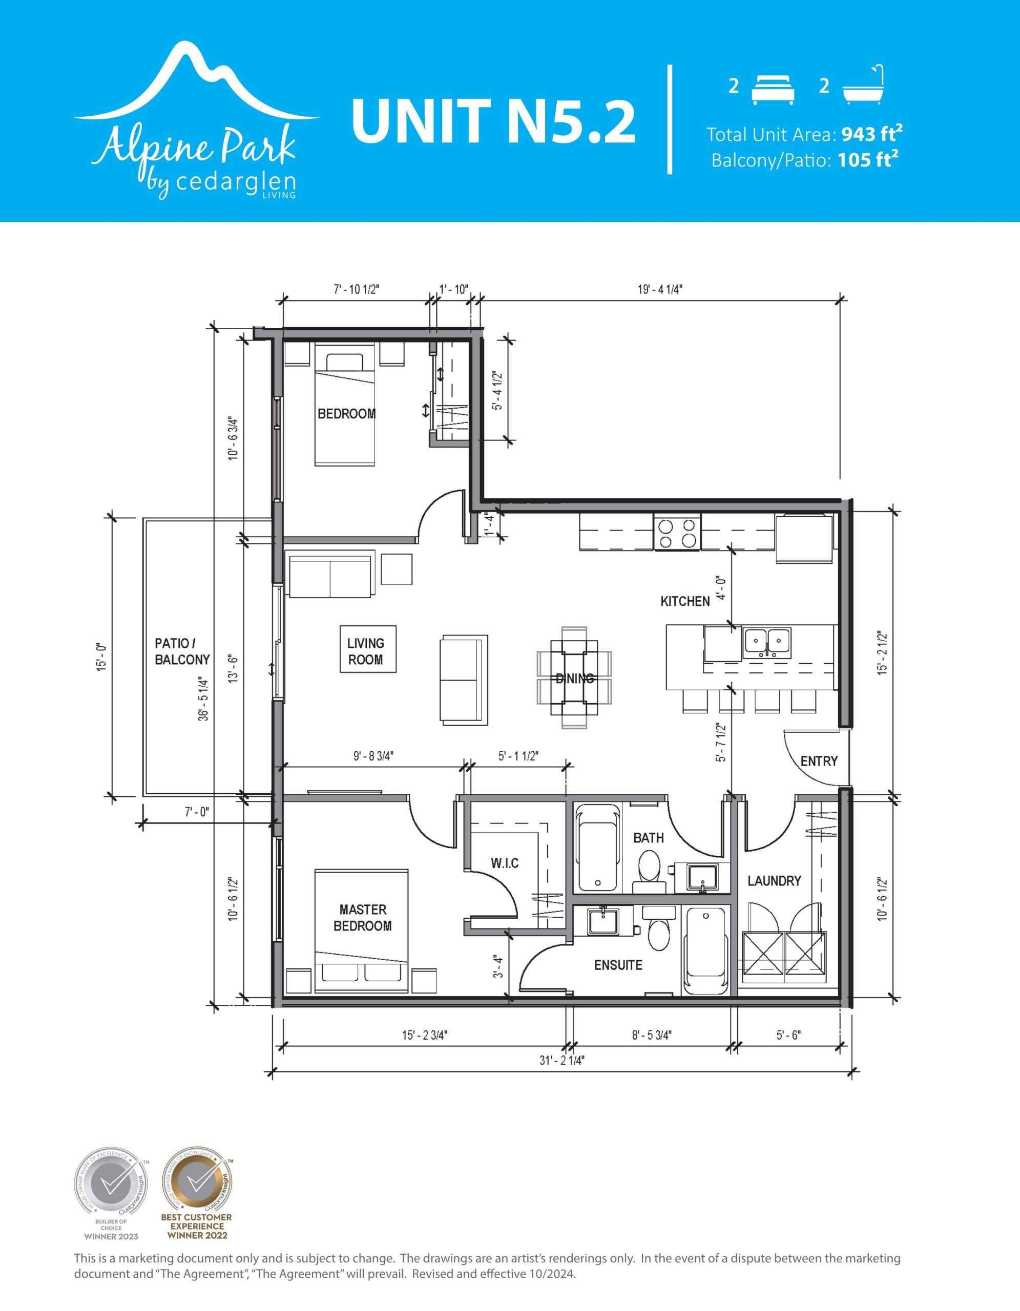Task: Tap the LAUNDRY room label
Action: pos(774,881)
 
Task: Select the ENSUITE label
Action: pos(618,965)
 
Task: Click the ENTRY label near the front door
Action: pos(819,761)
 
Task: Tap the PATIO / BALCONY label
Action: pos(182,651)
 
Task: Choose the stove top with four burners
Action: pos(677,533)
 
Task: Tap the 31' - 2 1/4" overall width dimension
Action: pos(561,1061)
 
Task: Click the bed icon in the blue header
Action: pos(773,90)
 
